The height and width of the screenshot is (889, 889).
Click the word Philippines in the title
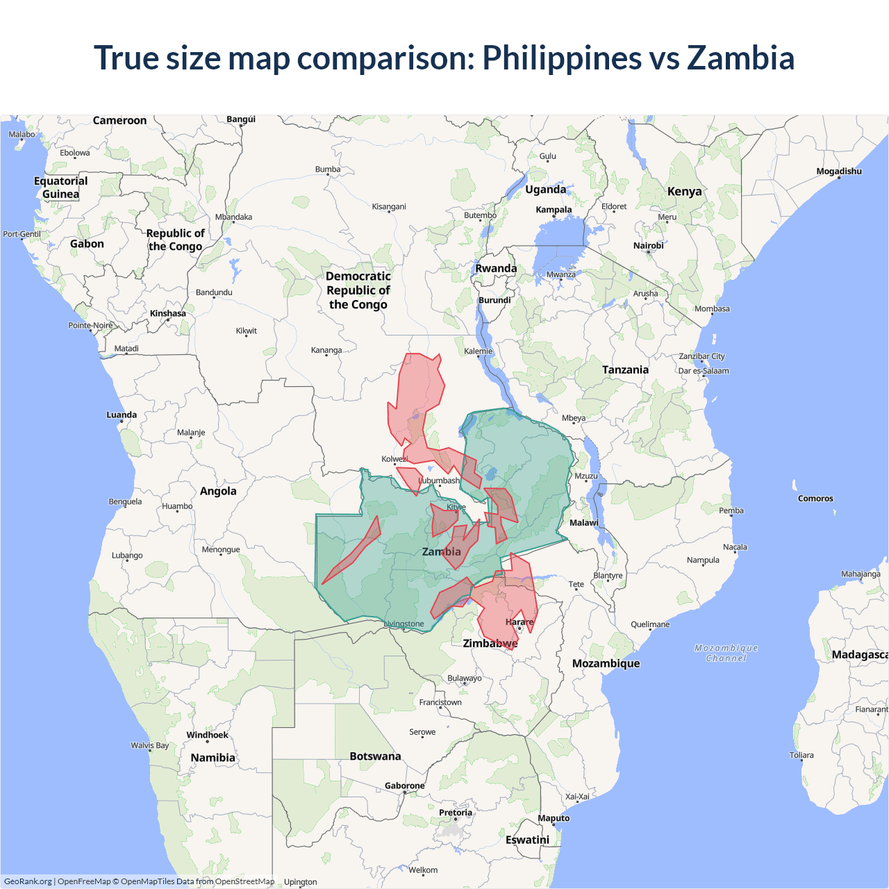(562, 58)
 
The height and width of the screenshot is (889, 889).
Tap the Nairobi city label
(648, 246)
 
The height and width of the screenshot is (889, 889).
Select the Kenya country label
(684, 192)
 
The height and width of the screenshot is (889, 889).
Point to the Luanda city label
(122, 415)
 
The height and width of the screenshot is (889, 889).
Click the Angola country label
(218, 491)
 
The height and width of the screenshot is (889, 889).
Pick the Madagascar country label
(859, 654)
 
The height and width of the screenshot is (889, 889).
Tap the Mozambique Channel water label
(726, 653)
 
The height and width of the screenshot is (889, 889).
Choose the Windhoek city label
(207, 735)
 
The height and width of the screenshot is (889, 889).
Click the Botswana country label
(375, 756)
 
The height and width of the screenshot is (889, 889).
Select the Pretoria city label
(455, 813)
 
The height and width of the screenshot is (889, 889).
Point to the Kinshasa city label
(168, 314)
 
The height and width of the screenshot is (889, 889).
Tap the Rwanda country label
(496, 269)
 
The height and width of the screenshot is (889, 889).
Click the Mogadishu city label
(838, 172)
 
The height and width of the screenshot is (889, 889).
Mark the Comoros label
(815, 499)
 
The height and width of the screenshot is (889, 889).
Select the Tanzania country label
(625, 370)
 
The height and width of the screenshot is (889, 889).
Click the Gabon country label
(87, 244)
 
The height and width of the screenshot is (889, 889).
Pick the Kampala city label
(554, 210)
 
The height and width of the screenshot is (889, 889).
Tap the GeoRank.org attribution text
(28, 881)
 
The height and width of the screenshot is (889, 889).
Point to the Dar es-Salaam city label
(704, 371)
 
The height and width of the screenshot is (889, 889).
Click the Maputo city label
(554, 818)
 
